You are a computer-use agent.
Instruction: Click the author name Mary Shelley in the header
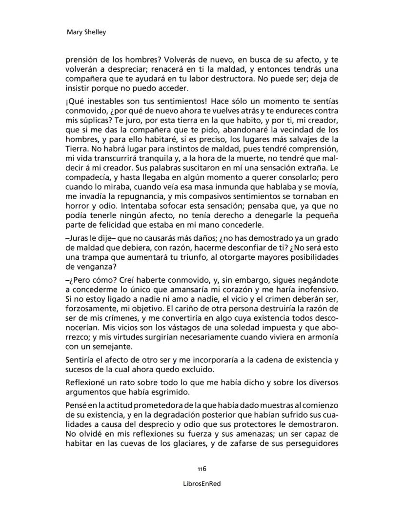tap(86, 32)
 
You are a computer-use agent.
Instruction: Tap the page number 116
tap(202, 468)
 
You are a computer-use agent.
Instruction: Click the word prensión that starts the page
tap(83, 62)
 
